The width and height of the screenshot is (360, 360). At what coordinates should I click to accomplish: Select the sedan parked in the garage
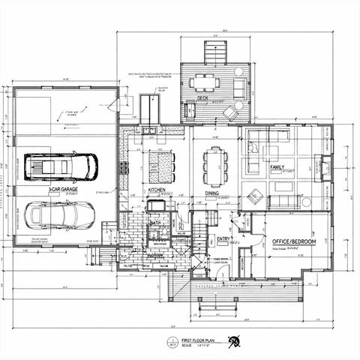61,215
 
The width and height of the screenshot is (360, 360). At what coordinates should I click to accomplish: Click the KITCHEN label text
156,190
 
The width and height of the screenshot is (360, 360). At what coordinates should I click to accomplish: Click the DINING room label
213,191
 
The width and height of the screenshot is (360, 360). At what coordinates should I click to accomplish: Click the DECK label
202,97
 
